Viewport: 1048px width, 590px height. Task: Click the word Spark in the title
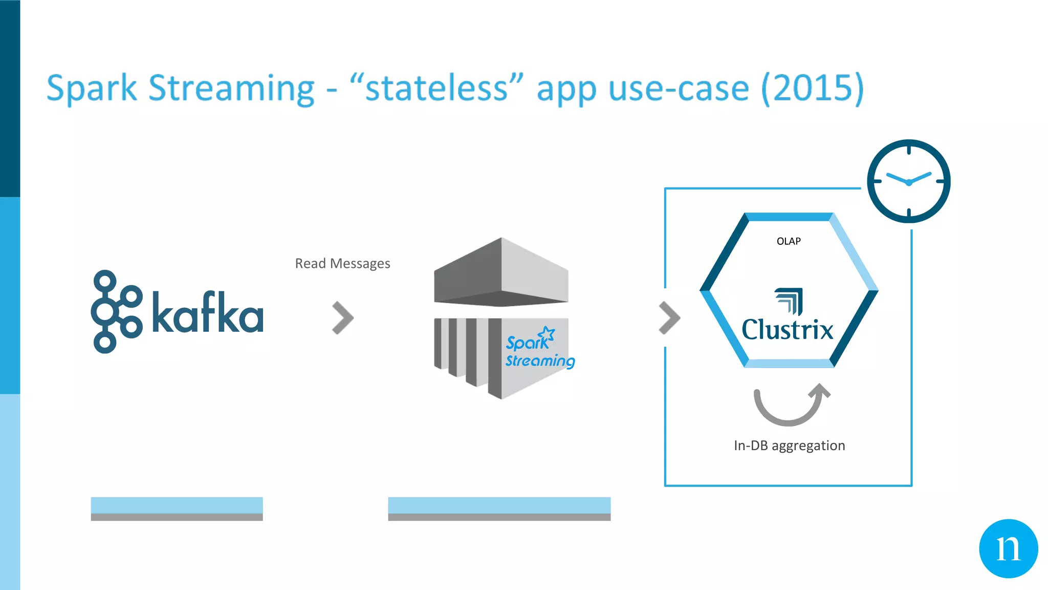pos(92,89)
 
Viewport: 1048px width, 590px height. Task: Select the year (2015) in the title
pos(812,89)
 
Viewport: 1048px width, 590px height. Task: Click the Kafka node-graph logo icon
pos(116,311)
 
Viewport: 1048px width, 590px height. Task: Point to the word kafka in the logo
pos(208,312)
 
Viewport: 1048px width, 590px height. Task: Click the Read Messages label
pos(342,263)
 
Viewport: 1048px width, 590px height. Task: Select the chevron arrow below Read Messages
pos(342,318)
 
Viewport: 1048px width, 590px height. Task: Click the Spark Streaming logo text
pos(539,351)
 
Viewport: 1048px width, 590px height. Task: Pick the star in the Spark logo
pos(547,334)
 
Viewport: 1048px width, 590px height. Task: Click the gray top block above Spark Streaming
pos(501,271)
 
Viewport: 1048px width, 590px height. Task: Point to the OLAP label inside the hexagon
pos(789,241)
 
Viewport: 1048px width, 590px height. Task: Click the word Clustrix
pos(788,329)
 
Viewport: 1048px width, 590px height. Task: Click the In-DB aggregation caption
pos(789,446)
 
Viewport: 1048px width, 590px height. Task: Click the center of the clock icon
pos(908,182)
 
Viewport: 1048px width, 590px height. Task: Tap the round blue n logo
pos(1008,549)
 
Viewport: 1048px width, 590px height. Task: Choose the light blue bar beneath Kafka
pos(177,505)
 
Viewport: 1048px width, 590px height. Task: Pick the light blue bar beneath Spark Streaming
pos(499,505)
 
